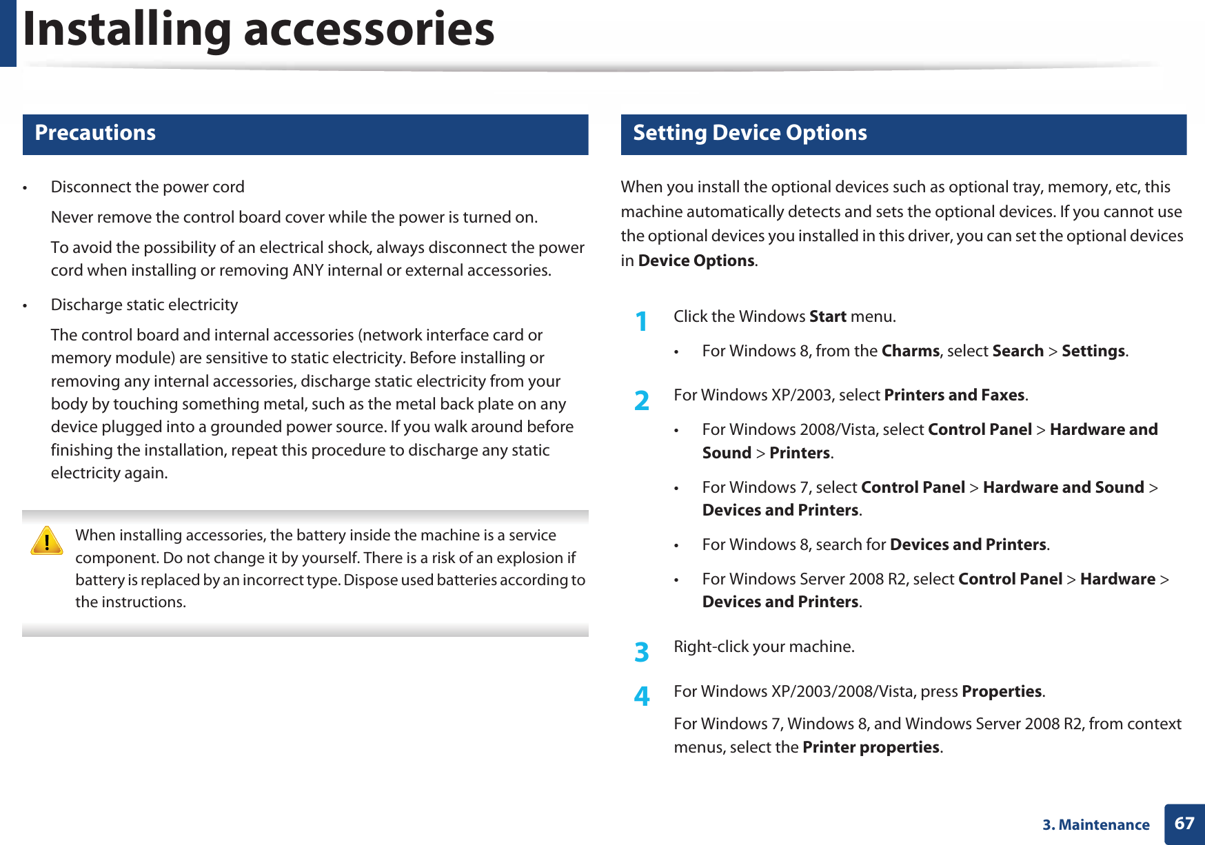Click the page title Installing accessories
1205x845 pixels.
[259, 30]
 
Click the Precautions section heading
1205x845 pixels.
[95, 133]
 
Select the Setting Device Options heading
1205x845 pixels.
[749, 133]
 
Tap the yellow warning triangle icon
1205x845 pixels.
[47, 541]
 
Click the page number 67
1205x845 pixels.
[1184, 824]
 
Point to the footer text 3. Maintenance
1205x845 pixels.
[1095, 825]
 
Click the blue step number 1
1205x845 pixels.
[641, 322]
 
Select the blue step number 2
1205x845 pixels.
[641, 400]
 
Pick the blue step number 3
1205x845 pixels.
[641, 652]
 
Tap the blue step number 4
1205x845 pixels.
[641, 697]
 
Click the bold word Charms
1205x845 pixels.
[910, 352]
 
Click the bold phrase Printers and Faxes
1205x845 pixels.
[954, 396]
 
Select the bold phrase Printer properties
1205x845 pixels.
[871, 748]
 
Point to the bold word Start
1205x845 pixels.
[827, 317]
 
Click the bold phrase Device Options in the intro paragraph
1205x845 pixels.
[696, 261]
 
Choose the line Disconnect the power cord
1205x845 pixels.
[148, 187]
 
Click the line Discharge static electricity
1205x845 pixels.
[144, 305]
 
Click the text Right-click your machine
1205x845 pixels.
[764, 647]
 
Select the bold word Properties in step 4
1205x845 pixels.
[1001, 692]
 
